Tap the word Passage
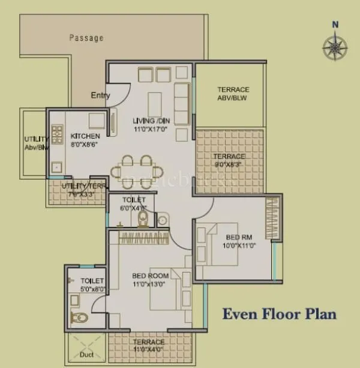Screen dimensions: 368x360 [86, 38]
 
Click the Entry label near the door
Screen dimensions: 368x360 [100, 95]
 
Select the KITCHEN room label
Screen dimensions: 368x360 [85, 136]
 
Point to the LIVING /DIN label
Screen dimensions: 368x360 [151, 121]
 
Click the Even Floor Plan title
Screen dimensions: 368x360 [280, 313]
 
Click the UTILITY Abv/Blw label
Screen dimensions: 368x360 [35, 143]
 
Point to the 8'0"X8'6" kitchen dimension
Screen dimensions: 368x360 [84, 145]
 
